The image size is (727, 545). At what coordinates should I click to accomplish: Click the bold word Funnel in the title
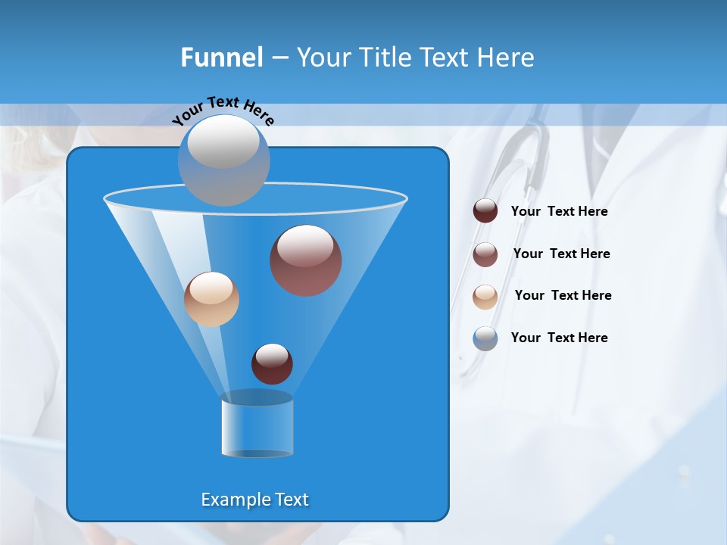[x=221, y=58]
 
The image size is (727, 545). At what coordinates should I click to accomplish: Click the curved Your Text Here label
[x=223, y=111]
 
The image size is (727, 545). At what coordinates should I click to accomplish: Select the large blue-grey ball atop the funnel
[x=223, y=160]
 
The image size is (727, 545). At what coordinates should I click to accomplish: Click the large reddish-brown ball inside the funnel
[x=305, y=260]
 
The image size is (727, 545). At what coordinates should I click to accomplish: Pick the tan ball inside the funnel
[x=211, y=299]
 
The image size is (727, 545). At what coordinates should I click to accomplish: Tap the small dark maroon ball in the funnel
[x=272, y=363]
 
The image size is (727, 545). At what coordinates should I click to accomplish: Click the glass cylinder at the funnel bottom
[x=257, y=427]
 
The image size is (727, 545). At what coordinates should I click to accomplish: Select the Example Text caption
[x=255, y=500]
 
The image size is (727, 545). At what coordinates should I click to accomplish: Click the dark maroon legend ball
[x=485, y=211]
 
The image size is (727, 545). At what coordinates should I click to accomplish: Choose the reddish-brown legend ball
[x=485, y=254]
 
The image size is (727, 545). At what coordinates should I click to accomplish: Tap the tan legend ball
[x=485, y=297]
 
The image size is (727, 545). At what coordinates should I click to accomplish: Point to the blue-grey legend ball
[x=485, y=338]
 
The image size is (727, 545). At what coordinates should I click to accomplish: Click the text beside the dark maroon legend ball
[x=559, y=212]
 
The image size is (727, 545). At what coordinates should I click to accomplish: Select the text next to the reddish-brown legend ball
[x=561, y=254]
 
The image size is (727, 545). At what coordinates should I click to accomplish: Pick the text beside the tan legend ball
[x=563, y=296]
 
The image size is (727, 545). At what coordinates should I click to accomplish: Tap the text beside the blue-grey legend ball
[x=559, y=338]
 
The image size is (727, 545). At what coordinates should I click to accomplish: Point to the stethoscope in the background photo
[x=530, y=151]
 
